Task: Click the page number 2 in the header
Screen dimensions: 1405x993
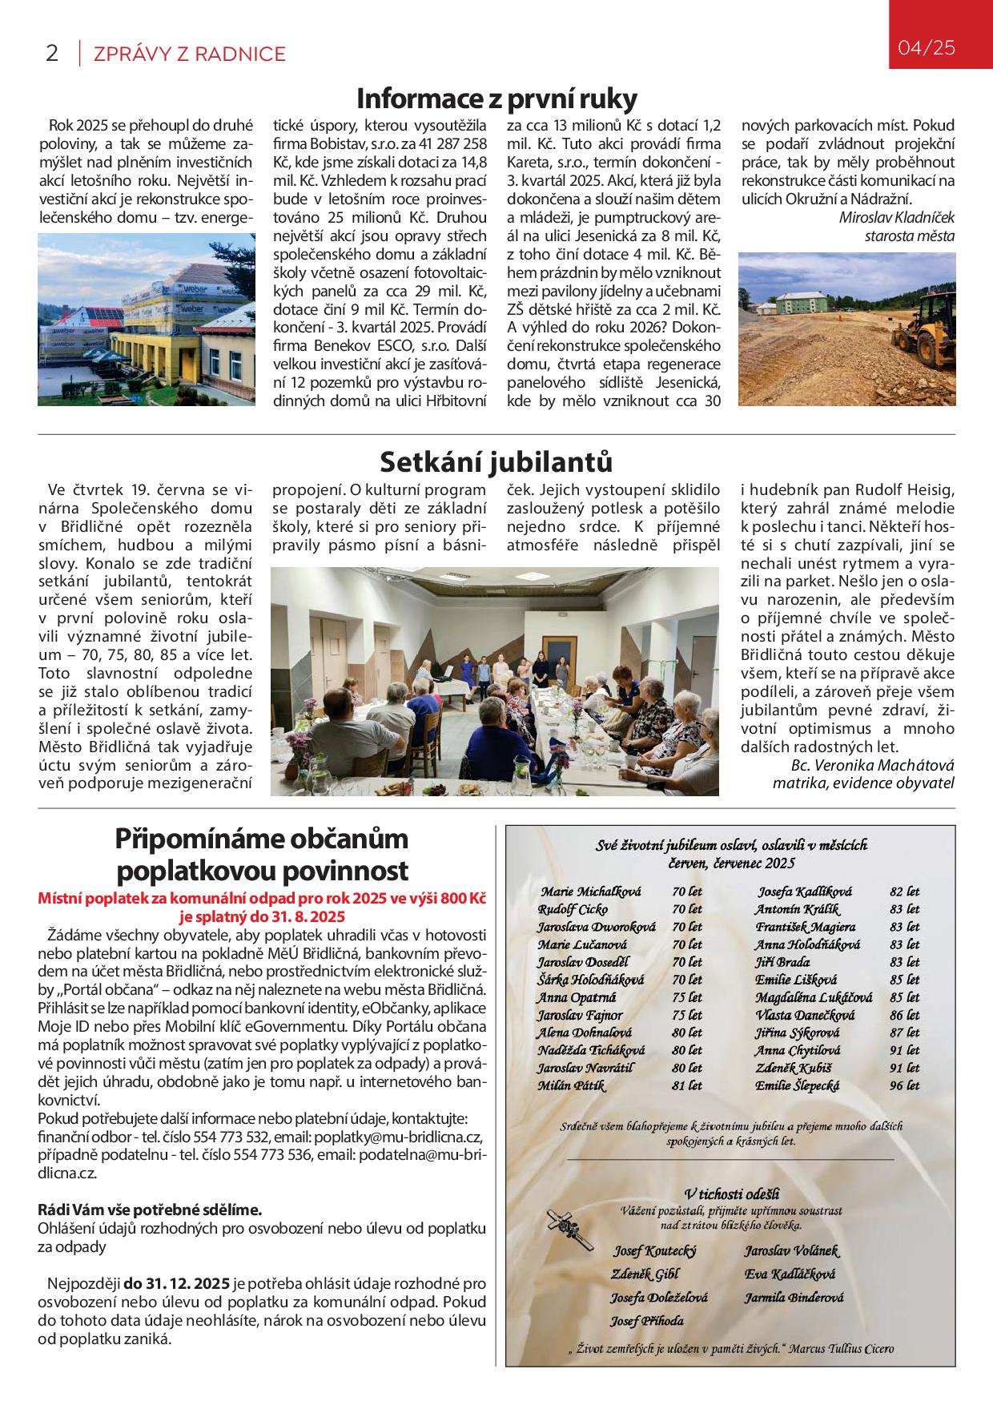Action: click(x=51, y=54)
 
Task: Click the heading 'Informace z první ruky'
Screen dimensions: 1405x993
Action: click(x=496, y=99)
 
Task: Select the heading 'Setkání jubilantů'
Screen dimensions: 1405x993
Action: click(x=496, y=462)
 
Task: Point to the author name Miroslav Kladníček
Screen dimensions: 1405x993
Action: click(x=897, y=218)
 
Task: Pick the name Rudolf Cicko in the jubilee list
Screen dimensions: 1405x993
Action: click(x=573, y=909)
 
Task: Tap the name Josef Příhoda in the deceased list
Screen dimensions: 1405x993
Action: click(x=646, y=1321)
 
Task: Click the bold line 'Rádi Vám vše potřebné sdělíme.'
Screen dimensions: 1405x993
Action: click(x=150, y=1209)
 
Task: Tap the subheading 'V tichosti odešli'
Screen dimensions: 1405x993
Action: click(x=733, y=1194)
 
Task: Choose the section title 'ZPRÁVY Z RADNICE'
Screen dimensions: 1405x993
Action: click(x=190, y=54)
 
